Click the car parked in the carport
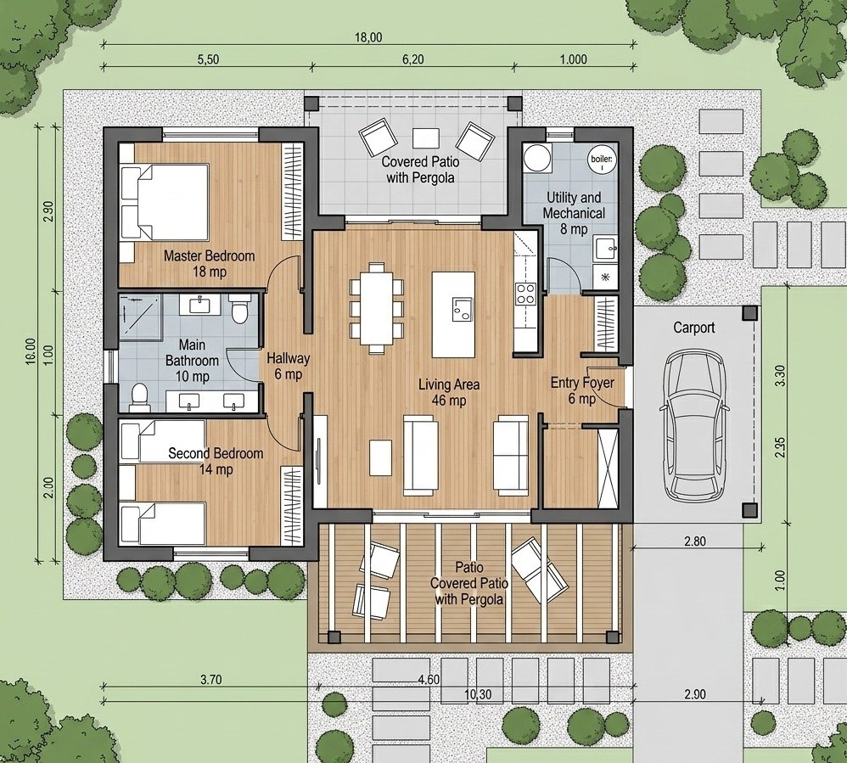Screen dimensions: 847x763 [694, 426]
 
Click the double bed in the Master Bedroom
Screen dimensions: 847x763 [164, 201]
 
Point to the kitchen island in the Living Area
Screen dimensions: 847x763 [453, 315]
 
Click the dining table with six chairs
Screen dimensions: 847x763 [377, 307]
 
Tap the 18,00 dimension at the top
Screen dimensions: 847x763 [368, 37]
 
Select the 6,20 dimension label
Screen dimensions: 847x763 [412, 59]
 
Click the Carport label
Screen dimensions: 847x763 [694, 328]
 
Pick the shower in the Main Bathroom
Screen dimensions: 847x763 [140, 317]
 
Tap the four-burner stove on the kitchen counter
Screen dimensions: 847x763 [525, 294]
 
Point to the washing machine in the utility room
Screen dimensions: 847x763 [537, 158]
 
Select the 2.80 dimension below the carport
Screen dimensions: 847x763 [695, 541]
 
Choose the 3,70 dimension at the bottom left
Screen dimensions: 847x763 [210, 680]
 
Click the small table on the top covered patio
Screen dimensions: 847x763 [426, 137]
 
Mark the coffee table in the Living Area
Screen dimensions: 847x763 [381, 457]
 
